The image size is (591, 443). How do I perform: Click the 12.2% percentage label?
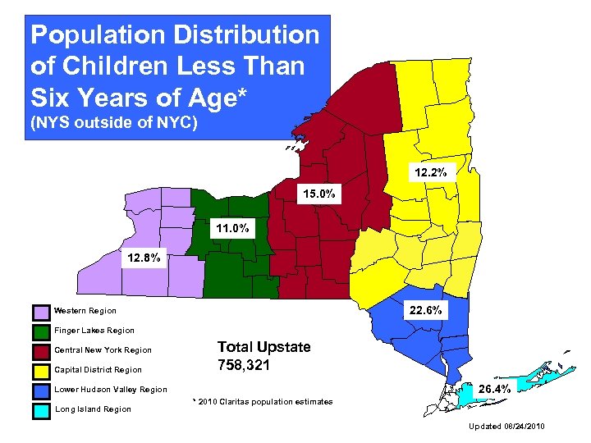[429, 173]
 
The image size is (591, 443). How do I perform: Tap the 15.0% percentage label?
[316, 194]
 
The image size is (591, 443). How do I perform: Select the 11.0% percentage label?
[231, 228]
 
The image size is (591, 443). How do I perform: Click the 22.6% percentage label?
[426, 310]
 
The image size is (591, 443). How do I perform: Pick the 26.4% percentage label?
[495, 389]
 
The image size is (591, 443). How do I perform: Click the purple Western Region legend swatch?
[41, 312]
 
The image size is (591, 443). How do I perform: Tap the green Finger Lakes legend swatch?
[41, 331]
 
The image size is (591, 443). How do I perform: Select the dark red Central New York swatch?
[41, 351]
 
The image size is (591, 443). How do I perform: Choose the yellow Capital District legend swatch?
[41, 371]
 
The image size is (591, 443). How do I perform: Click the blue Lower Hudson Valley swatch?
[41, 390]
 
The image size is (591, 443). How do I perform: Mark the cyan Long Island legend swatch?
[41, 410]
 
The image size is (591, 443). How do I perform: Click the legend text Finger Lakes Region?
[94, 331]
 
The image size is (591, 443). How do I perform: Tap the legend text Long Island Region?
[92, 409]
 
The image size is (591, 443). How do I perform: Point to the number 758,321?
[243, 365]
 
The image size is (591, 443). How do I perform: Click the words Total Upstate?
[263, 347]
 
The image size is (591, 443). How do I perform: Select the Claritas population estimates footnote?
[263, 402]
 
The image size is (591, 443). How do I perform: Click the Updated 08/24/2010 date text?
[506, 427]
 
